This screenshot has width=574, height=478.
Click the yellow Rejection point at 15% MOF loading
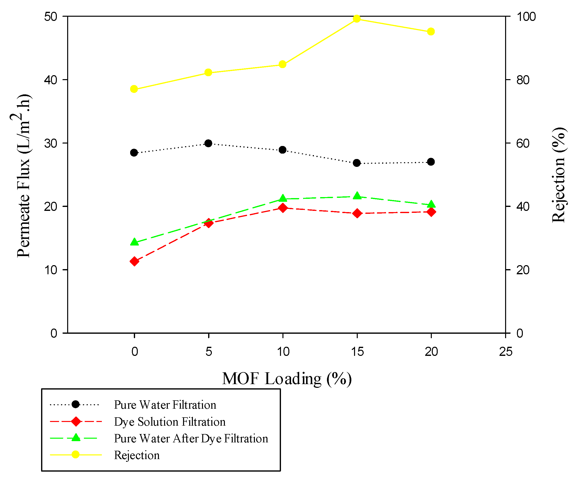(x=357, y=19)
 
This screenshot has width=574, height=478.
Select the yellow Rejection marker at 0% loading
(x=134, y=89)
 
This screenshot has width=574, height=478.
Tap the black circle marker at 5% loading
(x=208, y=143)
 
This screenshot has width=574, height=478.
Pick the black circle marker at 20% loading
(x=431, y=162)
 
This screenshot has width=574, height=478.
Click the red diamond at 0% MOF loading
(x=134, y=261)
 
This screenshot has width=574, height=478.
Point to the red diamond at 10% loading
(x=283, y=208)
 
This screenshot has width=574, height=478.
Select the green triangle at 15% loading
(x=357, y=196)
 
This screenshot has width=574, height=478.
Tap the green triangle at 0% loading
(x=134, y=242)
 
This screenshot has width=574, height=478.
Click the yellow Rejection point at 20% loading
(x=431, y=32)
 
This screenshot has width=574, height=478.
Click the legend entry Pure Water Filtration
(x=165, y=405)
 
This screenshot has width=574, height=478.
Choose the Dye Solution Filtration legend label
(x=170, y=422)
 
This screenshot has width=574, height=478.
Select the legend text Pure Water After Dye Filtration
(x=191, y=438)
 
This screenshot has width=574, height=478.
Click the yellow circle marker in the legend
(x=76, y=455)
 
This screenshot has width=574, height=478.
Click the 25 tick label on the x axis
(x=505, y=352)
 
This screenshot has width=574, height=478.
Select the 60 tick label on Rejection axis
(x=523, y=144)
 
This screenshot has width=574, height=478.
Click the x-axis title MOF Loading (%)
(x=286, y=379)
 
